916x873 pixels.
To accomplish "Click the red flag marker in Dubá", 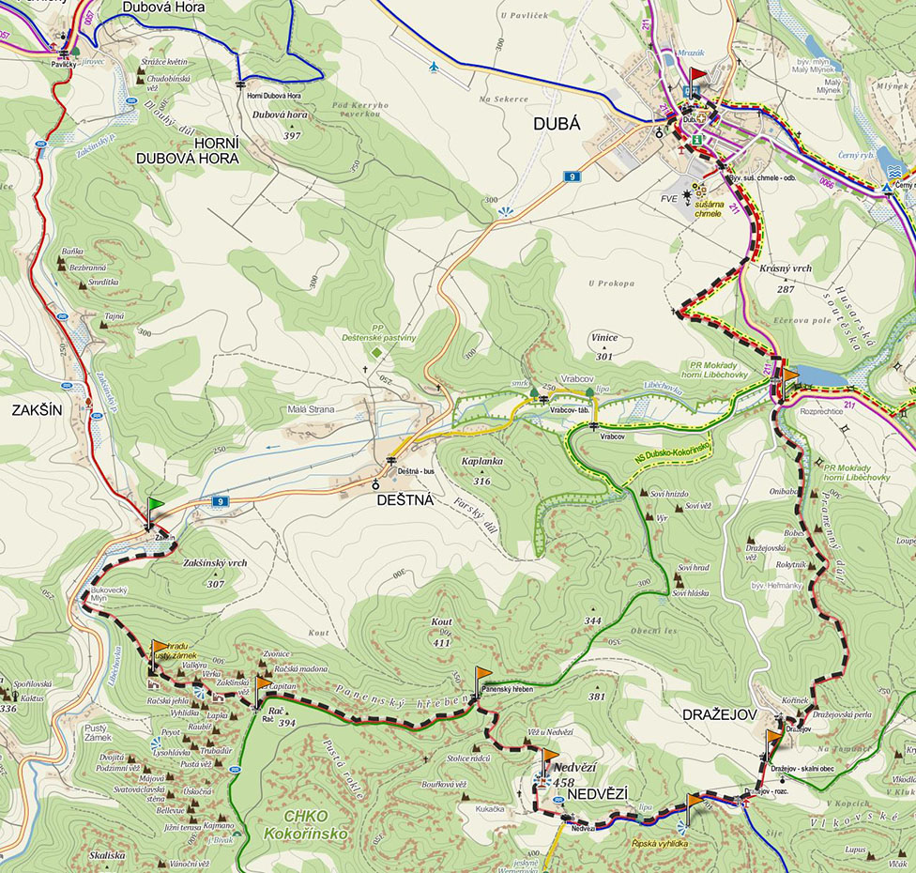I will pyautogui.click(x=697, y=76).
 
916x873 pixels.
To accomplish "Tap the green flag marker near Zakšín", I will pyautogui.click(x=155, y=507).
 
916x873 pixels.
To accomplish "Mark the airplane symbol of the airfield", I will pyautogui.click(x=432, y=67).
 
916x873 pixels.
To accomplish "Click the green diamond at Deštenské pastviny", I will pyautogui.click(x=376, y=352).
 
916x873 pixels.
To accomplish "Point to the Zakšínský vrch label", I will pyautogui.click(x=215, y=563).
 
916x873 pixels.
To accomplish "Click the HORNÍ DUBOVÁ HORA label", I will pyautogui.click(x=187, y=150).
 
